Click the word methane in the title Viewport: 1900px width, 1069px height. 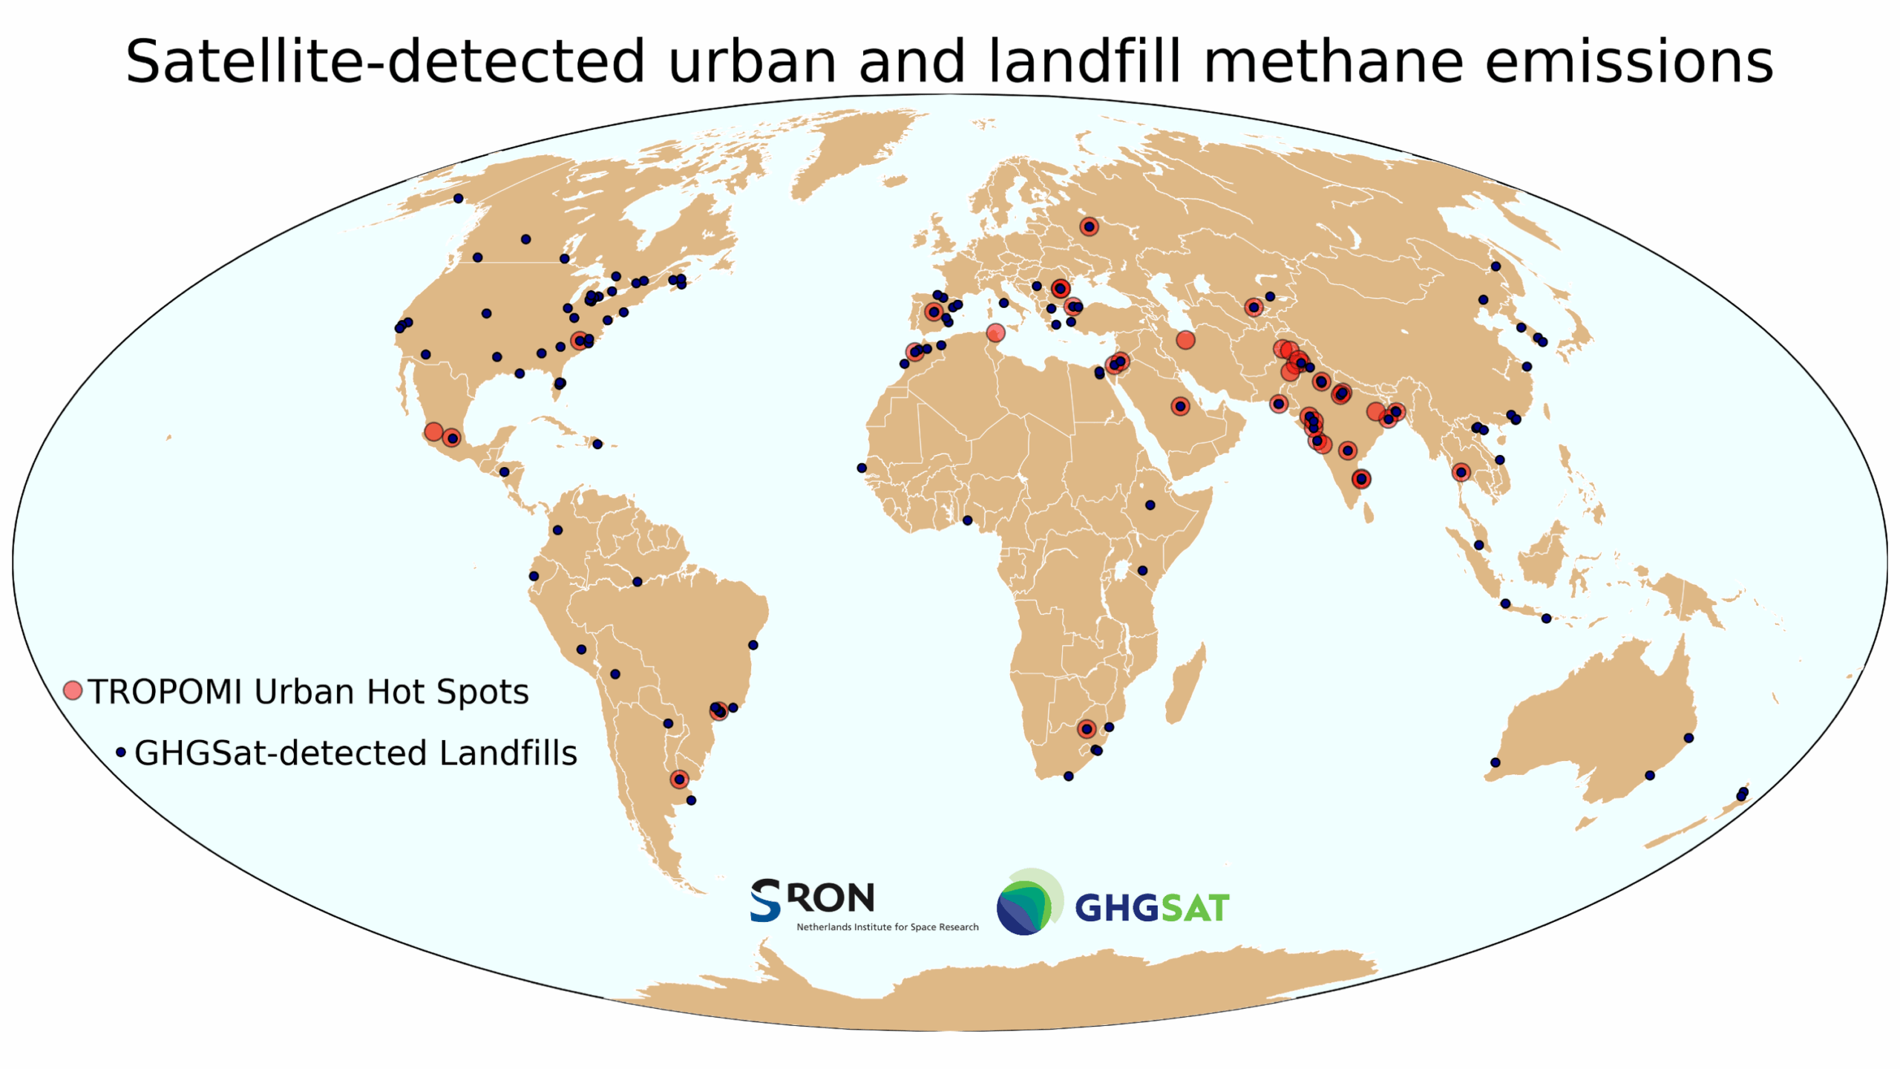[1331, 62]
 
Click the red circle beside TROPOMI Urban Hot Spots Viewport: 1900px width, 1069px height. [73, 691]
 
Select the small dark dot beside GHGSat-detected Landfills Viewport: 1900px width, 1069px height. [121, 753]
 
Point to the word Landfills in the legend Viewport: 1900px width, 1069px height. [508, 753]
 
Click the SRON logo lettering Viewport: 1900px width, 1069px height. [813, 900]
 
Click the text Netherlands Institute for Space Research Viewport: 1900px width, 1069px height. [887, 927]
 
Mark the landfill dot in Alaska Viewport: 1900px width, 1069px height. [459, 198]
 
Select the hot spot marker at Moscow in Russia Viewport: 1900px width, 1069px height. [1089, 226]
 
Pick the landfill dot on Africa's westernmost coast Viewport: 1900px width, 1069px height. [862, 468]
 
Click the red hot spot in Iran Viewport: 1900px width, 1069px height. [1186, 340]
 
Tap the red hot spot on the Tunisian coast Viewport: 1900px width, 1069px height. [995, 333]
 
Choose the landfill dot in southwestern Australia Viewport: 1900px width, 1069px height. [1496, 762]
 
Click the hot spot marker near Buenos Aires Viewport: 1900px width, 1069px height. [679, 779]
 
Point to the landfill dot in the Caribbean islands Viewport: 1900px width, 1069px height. [597, 444]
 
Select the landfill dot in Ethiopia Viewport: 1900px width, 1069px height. [1150, 505]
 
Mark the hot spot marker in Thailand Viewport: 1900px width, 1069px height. [1461, 472]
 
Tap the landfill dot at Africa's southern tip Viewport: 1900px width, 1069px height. [1068, 777]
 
